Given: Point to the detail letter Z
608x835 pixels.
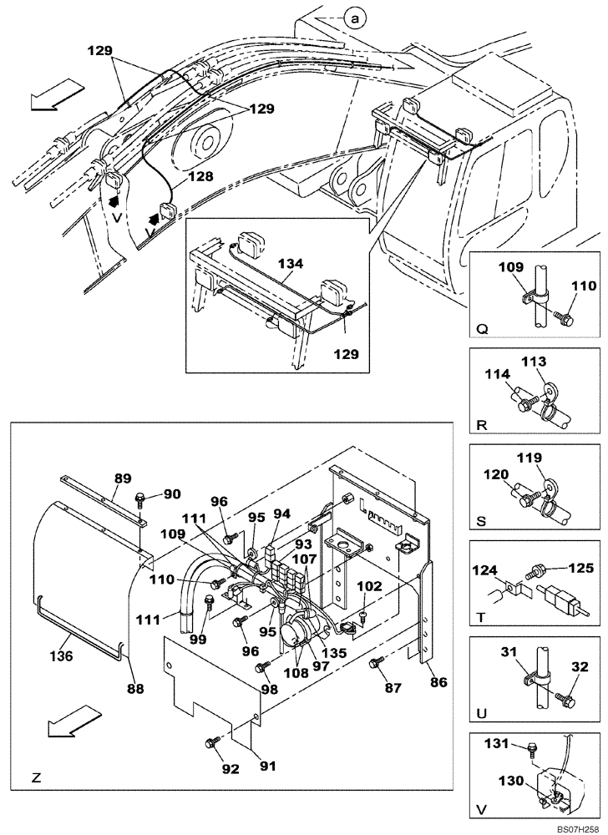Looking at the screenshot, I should (36, 777).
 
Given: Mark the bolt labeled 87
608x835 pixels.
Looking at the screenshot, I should (375, 664).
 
